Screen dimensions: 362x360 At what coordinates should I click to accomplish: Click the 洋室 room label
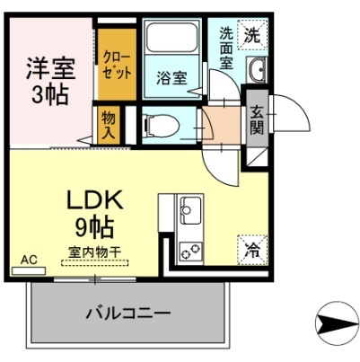pos(49,69)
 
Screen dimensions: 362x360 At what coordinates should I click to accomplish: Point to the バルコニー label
pos(128,313)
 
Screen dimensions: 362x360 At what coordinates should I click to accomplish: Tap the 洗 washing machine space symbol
pos(253,37)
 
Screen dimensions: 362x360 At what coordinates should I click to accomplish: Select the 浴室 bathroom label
pos(172,78)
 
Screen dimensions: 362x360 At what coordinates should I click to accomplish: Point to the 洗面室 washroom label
pos(227,49)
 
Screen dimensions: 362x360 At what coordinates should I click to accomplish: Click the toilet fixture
pos(162,123)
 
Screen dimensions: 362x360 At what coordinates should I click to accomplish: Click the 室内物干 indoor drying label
pos(95,252)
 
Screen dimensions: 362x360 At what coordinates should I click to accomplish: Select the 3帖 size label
pos(49,95)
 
